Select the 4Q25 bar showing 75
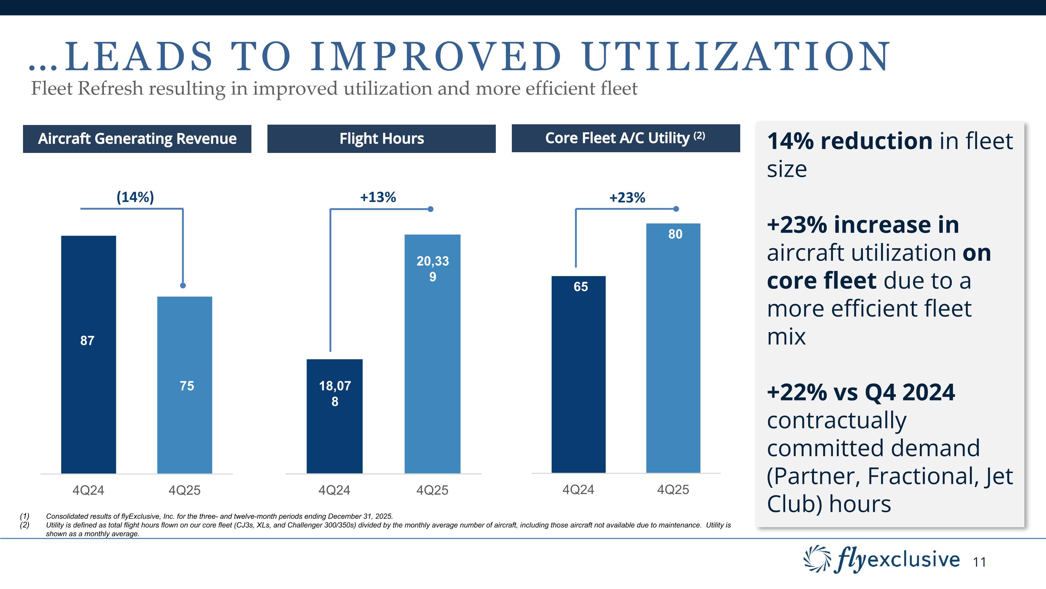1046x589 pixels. tap(185, 384)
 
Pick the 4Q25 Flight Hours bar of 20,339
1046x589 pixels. tap(432, 354)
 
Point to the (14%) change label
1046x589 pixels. tap(135, 197)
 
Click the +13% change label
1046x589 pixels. tap(378, 198)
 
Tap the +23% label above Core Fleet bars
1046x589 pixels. tap(627, 198)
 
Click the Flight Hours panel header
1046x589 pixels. tap(381, 139)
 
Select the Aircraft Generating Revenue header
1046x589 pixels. tap(137, 139)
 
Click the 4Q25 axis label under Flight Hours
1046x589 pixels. tap(432, 490)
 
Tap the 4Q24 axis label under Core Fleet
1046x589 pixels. tap(578, 490)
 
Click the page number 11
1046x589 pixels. tap(979, 562)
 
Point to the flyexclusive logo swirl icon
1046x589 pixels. tap(817, 559)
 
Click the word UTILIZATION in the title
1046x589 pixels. tap(736, 57)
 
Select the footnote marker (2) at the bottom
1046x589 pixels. tap(25, 525)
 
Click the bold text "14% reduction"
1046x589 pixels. tap(849, 141)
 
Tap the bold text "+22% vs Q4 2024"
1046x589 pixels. tap(861, 392)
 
